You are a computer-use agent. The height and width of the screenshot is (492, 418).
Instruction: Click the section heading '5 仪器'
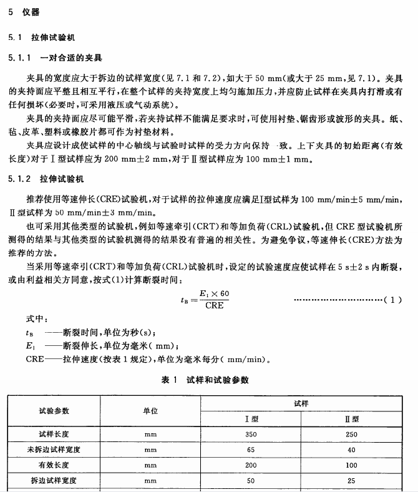coord(24,12)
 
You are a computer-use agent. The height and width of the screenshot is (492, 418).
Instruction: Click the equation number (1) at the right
coord(392,300)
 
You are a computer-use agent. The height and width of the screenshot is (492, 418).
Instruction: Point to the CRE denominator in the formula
coord(213,306)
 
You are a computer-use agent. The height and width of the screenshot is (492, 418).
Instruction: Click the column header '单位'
coord(150,410)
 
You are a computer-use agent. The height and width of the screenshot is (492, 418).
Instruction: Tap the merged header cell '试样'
coord(301,403)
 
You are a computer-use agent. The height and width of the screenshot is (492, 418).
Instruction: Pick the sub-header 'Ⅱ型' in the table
coord(351,419)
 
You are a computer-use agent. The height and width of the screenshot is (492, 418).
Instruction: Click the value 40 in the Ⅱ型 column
coord(351,450)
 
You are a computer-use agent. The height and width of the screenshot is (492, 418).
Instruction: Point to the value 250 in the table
coord(351,434)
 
